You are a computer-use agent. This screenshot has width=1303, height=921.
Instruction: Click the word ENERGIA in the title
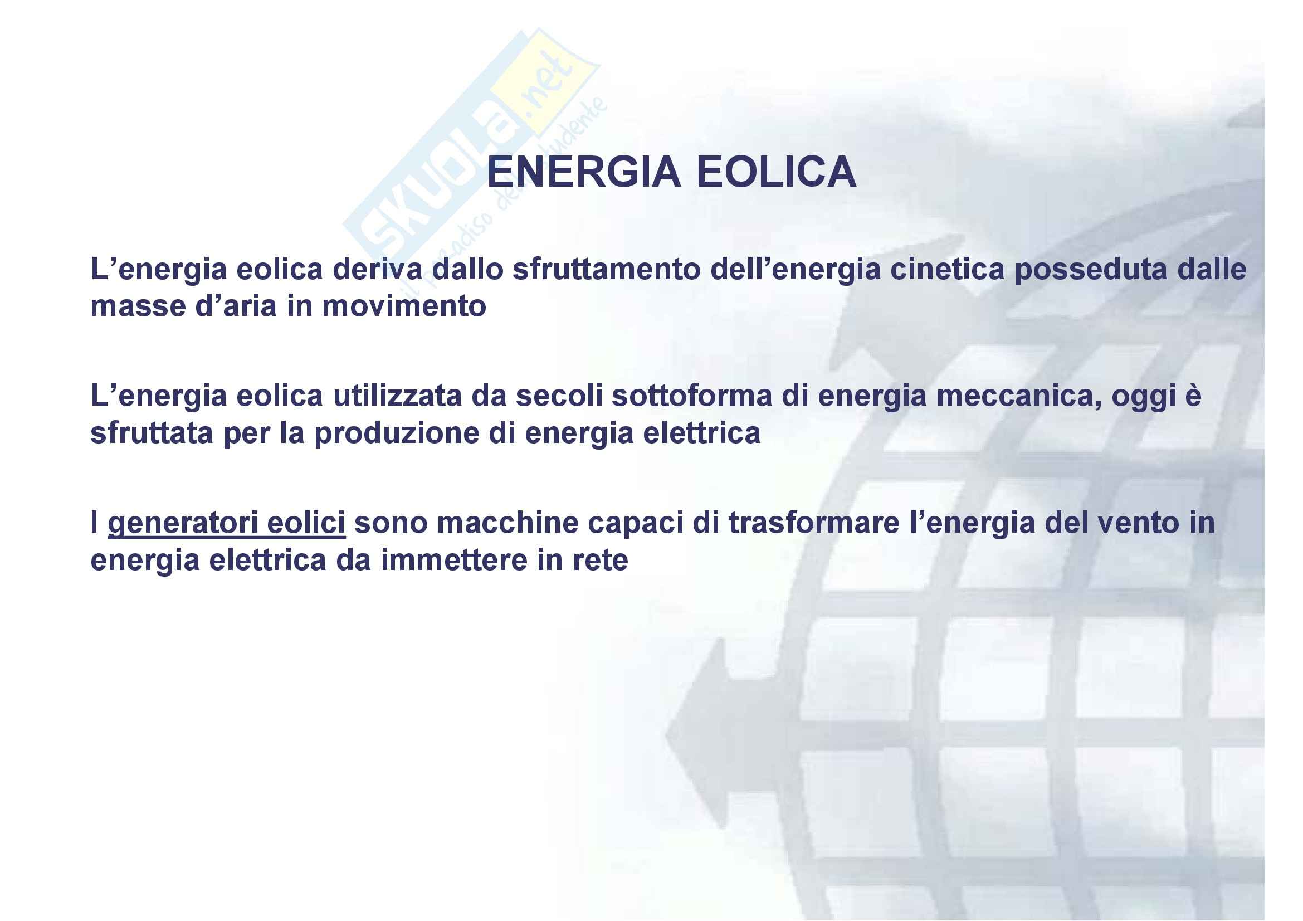(584, 172)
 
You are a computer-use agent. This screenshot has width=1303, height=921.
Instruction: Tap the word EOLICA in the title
(777, 172)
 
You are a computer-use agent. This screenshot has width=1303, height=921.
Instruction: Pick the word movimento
(404, 306)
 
